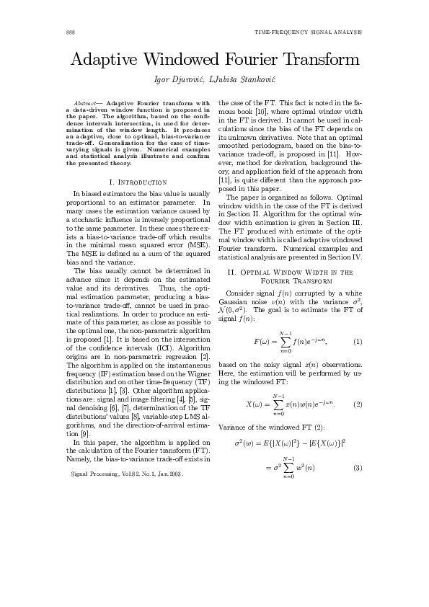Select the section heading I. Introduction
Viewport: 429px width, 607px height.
pyautogui.click(x=138, y=182)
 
